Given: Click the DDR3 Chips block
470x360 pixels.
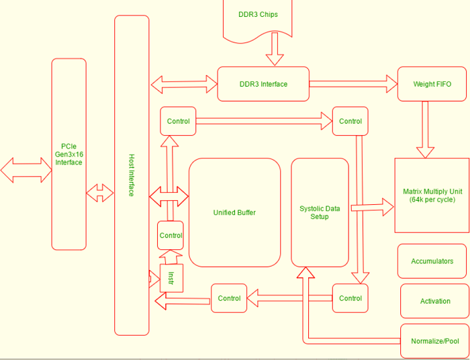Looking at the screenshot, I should [258, 15].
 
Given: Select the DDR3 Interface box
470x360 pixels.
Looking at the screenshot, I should [263, 84].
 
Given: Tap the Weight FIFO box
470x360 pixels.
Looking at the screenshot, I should [432, 84].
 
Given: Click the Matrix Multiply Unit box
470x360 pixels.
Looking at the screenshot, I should [431, 195].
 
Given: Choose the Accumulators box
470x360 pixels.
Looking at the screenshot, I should [432, 261].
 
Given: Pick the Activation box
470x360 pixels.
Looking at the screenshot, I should [434, 301].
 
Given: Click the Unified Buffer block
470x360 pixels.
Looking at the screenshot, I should [234, 213].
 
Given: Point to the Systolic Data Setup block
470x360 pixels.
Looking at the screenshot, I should [320, 213].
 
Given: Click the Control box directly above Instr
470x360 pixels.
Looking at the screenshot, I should [171, 236].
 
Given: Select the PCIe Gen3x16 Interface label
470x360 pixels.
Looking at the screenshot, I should [68, 154].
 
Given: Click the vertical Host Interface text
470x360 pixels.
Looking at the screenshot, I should [132, 175].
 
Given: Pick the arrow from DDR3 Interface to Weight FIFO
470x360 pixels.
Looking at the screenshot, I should [353, 84].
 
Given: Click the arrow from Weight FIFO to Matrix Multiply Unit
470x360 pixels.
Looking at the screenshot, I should [424, 130].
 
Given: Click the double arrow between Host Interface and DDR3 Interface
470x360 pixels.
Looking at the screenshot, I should [184, 85].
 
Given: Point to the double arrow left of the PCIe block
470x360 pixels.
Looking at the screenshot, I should [26, 169].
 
